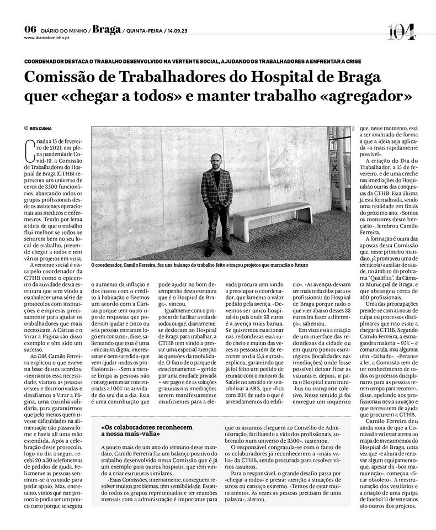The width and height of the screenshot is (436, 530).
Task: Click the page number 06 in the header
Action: [x=30, y=29]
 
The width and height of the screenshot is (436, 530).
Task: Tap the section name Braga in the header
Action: [x=107, y=29]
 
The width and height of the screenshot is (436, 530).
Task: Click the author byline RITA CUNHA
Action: [x=43, y=129]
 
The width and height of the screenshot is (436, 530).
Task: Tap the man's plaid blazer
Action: [x=216, y=188]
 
